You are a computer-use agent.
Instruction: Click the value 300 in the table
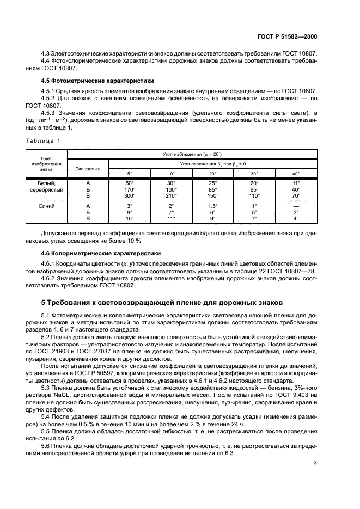[x=129, y=195]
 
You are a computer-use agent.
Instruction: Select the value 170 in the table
[x=129, y=189]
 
